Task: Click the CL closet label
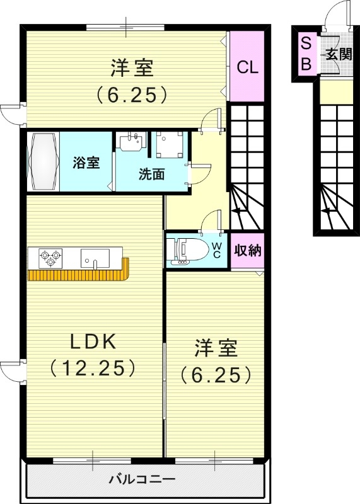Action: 247,67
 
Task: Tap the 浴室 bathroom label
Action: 86,163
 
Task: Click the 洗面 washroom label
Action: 152,175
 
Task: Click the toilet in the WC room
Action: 189,250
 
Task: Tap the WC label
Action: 216,249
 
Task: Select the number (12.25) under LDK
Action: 92,367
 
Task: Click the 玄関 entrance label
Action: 338,55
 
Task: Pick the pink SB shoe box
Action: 306,54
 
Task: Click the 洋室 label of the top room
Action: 132,67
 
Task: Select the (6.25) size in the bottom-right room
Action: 216,375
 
